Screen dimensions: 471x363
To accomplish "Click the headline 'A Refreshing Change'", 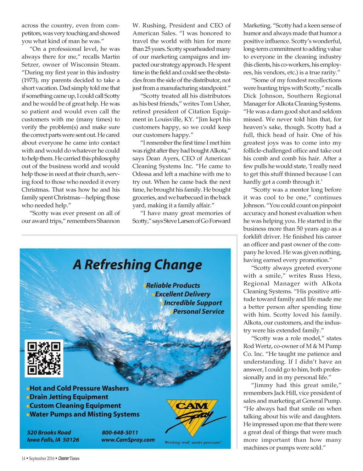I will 138,265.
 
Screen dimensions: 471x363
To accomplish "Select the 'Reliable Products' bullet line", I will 173,285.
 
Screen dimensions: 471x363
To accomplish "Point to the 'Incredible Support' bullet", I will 193,303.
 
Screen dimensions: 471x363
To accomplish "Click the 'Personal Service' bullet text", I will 199,312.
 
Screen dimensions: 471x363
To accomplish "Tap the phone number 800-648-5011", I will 120,432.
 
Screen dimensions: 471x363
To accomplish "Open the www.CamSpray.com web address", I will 128,440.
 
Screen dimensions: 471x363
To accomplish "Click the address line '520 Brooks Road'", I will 49,432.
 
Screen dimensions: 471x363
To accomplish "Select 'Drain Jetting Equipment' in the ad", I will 69,397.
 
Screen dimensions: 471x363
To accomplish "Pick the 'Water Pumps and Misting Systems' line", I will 84,414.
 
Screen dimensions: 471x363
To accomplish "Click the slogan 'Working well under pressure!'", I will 192,442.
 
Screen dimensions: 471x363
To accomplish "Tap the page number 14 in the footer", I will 23,459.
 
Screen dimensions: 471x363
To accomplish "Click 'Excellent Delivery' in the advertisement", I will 183,294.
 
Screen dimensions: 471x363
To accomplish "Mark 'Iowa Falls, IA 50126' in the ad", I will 53,440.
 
